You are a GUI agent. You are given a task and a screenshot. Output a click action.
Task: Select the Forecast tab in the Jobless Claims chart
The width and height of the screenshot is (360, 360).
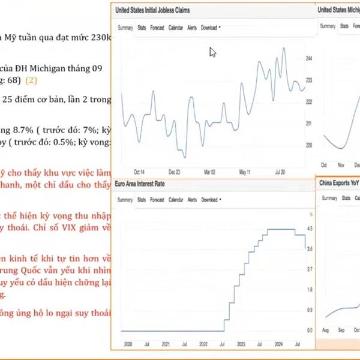(157, 28)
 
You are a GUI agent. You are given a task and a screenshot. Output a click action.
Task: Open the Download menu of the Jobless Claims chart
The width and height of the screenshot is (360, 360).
(210, 28)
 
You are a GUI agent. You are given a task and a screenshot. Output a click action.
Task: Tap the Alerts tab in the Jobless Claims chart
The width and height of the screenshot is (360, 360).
(192, 28)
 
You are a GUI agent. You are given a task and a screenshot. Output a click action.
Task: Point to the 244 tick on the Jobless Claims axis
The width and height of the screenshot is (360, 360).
(308, 59)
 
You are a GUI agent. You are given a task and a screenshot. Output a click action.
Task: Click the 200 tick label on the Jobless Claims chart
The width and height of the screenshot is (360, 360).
(308, 145)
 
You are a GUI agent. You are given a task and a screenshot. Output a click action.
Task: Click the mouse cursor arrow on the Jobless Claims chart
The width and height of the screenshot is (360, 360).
(212, 52)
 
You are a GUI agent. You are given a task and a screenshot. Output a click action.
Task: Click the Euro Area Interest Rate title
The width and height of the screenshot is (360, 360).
(139, 184)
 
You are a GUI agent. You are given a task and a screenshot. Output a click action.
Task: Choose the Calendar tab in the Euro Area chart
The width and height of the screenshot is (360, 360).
(176, 200)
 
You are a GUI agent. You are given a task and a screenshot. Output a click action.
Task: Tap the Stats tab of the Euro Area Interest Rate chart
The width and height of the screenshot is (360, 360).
(142, 200)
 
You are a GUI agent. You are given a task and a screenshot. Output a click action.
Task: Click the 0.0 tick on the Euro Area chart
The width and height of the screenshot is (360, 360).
(310, 331)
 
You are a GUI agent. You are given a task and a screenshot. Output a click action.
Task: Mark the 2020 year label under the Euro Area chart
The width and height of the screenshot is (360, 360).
(128, 344)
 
